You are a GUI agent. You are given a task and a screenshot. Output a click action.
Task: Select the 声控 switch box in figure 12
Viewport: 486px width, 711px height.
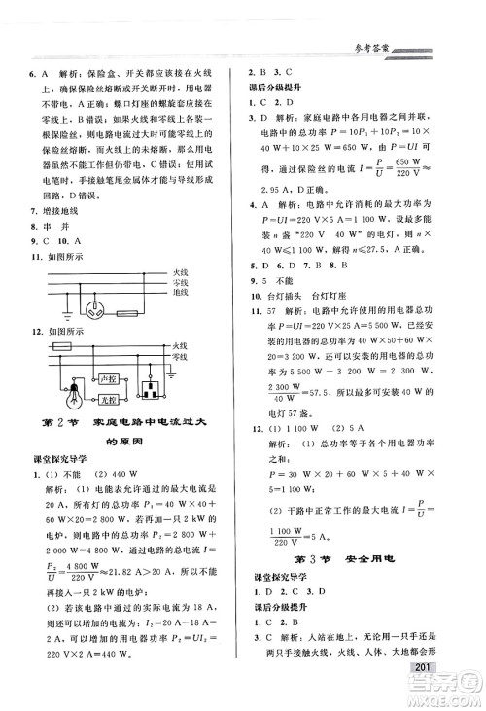click(108, 379)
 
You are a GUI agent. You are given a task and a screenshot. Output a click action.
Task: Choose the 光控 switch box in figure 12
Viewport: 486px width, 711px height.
click(108, 400)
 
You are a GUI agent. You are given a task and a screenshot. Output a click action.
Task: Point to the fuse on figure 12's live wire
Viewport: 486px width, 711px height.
click(61, 345)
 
